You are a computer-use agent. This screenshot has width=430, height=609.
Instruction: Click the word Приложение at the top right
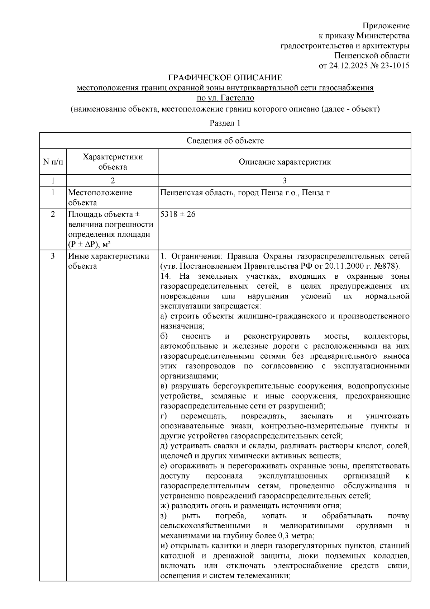386,26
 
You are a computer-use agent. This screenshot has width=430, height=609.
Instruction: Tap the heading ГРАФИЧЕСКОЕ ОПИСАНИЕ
225,78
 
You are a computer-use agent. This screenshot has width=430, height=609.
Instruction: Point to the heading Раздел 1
225,123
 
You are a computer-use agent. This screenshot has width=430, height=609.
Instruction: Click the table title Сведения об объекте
225,141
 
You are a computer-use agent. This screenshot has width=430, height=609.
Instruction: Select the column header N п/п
53,162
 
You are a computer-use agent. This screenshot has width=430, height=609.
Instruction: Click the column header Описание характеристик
285,162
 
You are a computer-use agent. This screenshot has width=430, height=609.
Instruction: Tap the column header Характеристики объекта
113,162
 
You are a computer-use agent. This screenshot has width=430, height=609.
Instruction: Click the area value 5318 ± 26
178,214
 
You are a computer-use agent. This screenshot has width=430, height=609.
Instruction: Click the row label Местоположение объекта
100,197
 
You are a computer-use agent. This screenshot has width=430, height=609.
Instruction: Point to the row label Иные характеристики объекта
109,261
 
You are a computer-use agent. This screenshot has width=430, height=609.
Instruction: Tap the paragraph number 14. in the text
166,277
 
